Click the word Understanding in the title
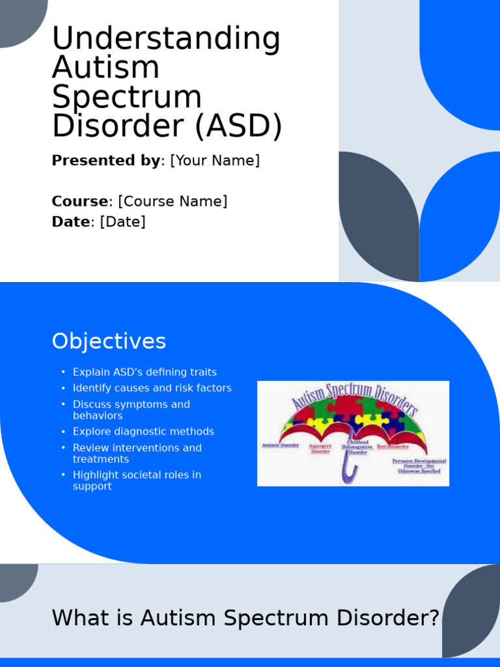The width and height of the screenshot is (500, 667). (166, 39)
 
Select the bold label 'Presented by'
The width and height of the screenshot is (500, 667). (105, 161)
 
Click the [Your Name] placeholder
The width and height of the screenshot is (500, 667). (215, 161)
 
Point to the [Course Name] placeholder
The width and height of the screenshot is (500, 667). (173, 201)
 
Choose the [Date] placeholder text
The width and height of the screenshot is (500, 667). (122, 222)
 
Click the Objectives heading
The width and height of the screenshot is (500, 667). (109, 341)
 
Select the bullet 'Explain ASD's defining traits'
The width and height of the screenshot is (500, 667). (145, 373)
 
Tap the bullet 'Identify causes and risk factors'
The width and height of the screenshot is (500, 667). (152, 388)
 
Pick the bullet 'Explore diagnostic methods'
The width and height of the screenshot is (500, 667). (143, 432)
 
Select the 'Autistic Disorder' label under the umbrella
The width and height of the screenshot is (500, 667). (280, 446)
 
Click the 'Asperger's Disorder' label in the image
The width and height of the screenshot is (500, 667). (320, 449)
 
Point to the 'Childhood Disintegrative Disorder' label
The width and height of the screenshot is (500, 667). (357, 447)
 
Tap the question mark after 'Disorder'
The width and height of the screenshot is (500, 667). (434, 617)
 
